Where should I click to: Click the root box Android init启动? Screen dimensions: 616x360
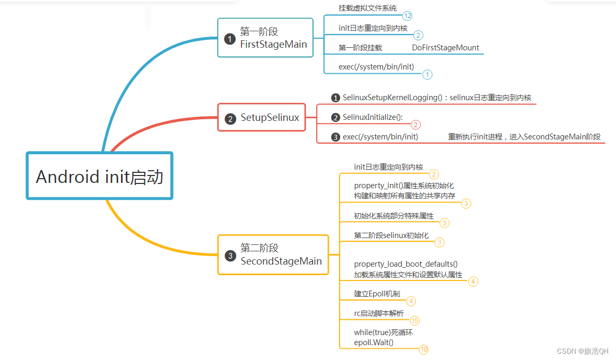[100, 176]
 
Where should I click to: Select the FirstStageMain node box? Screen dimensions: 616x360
[265, 38]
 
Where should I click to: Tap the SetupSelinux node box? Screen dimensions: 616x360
[262, 118]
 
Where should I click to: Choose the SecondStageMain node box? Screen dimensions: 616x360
[273, 254]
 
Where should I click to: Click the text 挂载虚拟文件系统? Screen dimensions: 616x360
[367, 8]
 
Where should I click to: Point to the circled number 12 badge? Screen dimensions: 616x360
[407, 16]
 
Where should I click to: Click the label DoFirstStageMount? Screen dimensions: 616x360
[445, 48]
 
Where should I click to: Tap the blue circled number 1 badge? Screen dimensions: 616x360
[427, 75]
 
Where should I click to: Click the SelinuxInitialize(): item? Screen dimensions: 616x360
[372, 117]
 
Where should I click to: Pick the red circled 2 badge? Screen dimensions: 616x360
[416, 125]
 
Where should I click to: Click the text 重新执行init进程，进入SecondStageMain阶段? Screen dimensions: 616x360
[524, 137]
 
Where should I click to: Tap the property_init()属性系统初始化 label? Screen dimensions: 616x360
[404, 186]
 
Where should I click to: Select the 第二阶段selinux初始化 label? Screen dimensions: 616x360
[391, 235]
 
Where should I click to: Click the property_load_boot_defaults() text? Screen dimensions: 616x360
[406, 264]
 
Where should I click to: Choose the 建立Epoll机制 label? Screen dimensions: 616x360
[377, 294]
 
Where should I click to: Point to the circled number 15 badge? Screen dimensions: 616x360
[414, 321]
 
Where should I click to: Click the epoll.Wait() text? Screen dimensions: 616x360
[374, 343]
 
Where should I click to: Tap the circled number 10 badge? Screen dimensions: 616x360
[423, 349]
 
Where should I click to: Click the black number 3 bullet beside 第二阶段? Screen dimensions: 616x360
[230, 256]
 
